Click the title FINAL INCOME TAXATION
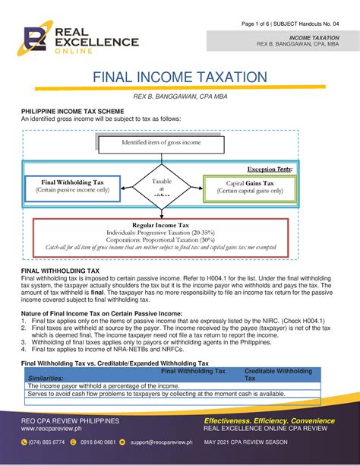[x=179, y=78]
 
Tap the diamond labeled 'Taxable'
[x=162, y=185]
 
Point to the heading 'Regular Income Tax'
[x=161, y=226]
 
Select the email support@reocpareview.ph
[x=160, y=442]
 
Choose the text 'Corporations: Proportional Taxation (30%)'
[x=161, y=239]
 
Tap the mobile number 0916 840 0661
[x=98, y=442]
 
